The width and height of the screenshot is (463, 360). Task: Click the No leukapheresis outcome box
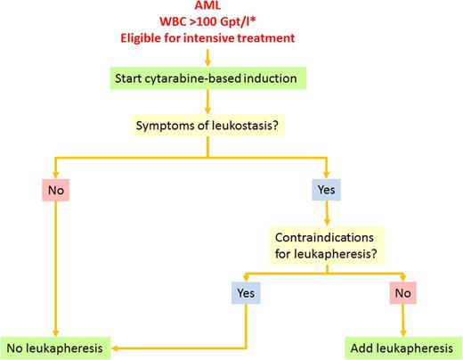tap(60, 345)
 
